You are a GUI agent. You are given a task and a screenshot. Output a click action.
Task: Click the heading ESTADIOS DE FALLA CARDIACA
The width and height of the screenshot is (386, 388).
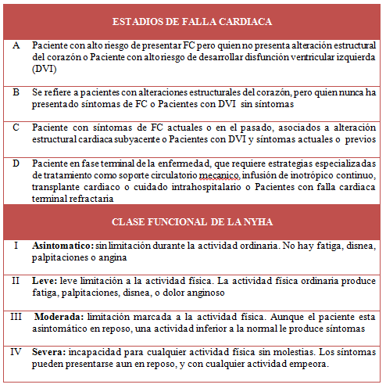[x=192, y=21]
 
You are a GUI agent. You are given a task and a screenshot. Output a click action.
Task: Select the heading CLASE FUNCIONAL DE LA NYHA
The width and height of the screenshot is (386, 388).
[x=192, y=222]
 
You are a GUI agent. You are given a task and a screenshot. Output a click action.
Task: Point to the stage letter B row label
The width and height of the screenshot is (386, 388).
[x=17, y=92]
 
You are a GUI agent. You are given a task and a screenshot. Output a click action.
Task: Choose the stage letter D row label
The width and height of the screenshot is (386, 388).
[x=17, y=163]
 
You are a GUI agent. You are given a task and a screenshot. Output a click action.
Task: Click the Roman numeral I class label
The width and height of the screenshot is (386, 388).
[x=17, y=246]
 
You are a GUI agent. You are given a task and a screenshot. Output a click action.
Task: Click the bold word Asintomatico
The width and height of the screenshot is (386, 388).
[x=62, y=246]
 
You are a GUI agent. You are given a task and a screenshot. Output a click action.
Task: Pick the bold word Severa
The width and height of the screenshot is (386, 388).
[x=51, y=351]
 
